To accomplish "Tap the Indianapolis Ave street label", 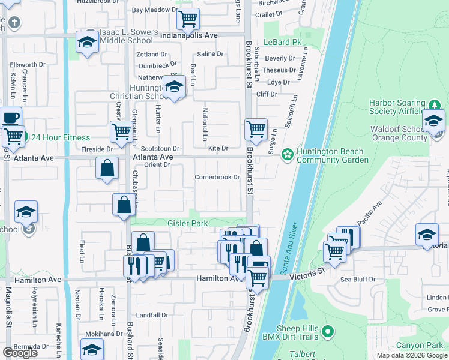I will [x=189, y=35].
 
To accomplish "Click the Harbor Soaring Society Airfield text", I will [x=397, y=106].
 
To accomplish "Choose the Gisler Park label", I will [x=188, y=223].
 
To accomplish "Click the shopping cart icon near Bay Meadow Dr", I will [x=188, y=19].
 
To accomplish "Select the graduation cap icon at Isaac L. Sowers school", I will [x=87, y=42].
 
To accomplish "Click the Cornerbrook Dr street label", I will [x=217, y=177].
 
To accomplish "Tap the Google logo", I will [x=20, y=352].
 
